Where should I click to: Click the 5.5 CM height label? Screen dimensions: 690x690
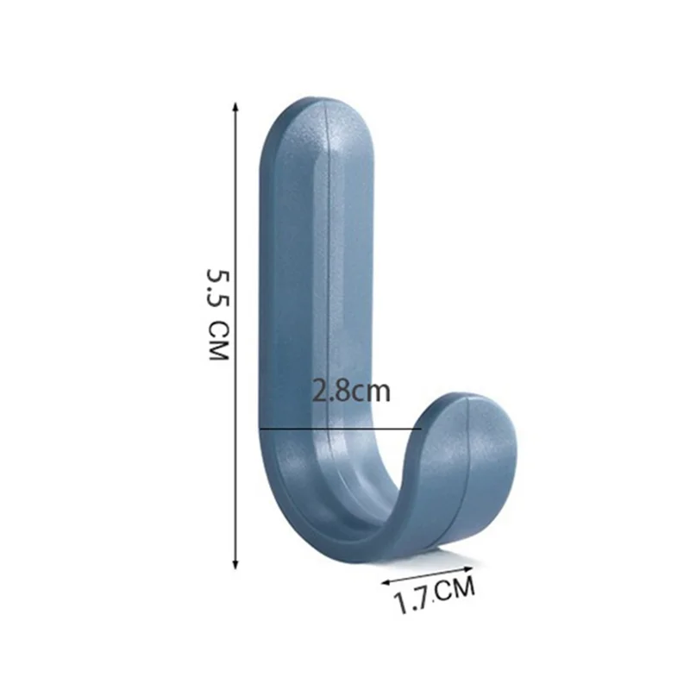point(218,315)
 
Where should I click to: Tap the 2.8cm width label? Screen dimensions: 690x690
point(351,391)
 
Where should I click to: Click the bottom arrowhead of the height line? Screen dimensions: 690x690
point(235,565)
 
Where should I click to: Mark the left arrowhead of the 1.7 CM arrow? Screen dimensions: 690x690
point(385,582)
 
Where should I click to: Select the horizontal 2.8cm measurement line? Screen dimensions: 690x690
point(340,428)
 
